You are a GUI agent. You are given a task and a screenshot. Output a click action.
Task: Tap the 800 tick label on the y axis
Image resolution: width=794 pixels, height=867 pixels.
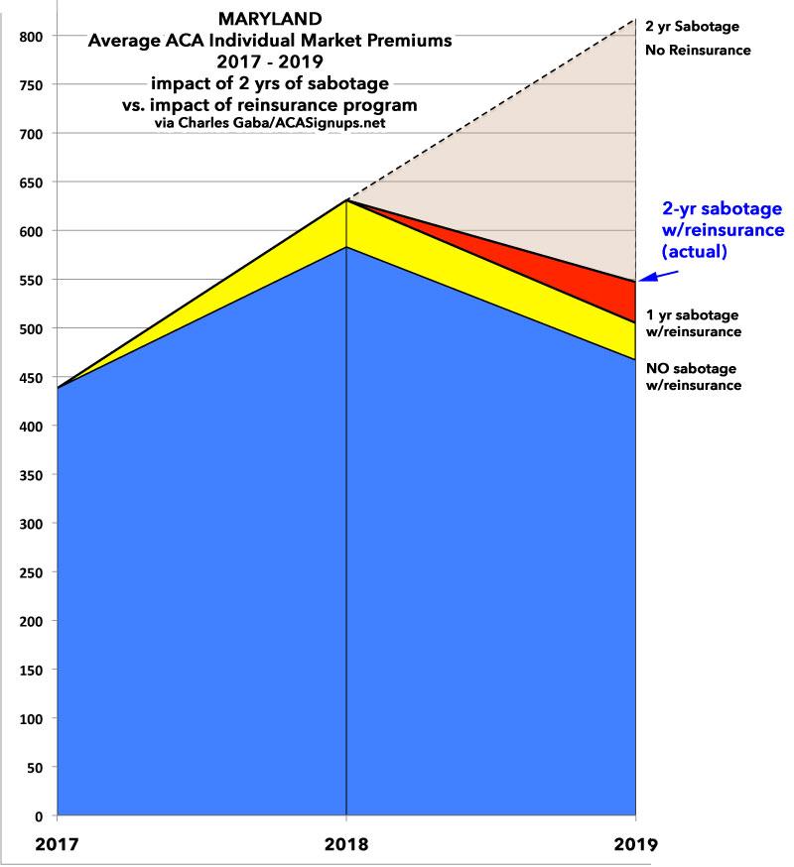(x=31, y=37)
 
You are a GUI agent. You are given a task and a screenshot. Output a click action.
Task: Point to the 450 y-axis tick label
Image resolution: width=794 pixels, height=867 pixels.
(x=31, y=378)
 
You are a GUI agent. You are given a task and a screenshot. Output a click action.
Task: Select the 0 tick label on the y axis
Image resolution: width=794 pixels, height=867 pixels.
(x=38, y=816)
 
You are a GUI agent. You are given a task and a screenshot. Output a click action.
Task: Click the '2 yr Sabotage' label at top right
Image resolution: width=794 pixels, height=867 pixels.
(x=693, y=26)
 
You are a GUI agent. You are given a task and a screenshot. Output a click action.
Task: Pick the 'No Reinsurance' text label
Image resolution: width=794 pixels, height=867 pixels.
(x=698, y=50)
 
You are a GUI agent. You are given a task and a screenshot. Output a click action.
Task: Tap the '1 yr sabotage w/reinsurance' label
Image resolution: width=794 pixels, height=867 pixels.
(x=693, y=323)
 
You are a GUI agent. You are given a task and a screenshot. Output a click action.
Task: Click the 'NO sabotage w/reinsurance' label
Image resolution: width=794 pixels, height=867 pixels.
(x=693, y=377)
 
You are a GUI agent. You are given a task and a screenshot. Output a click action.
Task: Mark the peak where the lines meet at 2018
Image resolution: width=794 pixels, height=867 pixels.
(x=346, y=200)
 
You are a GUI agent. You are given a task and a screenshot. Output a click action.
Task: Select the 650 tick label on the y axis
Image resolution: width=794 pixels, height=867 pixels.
(x=31, y=183)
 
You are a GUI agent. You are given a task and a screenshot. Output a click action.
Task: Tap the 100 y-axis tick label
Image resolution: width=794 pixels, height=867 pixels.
(x=31, y=719)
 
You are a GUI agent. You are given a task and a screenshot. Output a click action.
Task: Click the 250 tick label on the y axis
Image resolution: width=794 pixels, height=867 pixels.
(x=31, y=572)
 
